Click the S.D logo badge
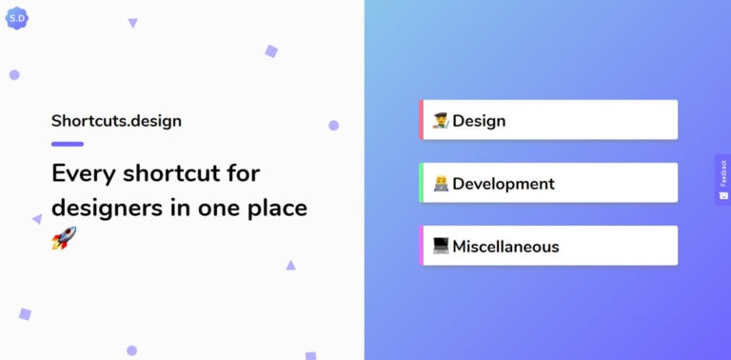(x=17, y=17)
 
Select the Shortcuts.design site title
(x=116, y=121)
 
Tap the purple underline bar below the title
(x=68, y=144)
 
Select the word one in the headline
(x=215, y=208)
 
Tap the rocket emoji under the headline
(x=63, y=238)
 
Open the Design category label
(x=479, y=121)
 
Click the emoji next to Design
(x=441, y=121)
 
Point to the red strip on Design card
(x=421, y=120)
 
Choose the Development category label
(x=503, y=184)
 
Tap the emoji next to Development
(x=441, y=184)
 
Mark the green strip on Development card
(x=421, y=183)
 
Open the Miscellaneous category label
(x=505, y=247)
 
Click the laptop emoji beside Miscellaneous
(x=441, y=247)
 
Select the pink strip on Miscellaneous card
(x=421, y=246)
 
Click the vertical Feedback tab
(x=722, y=179)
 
